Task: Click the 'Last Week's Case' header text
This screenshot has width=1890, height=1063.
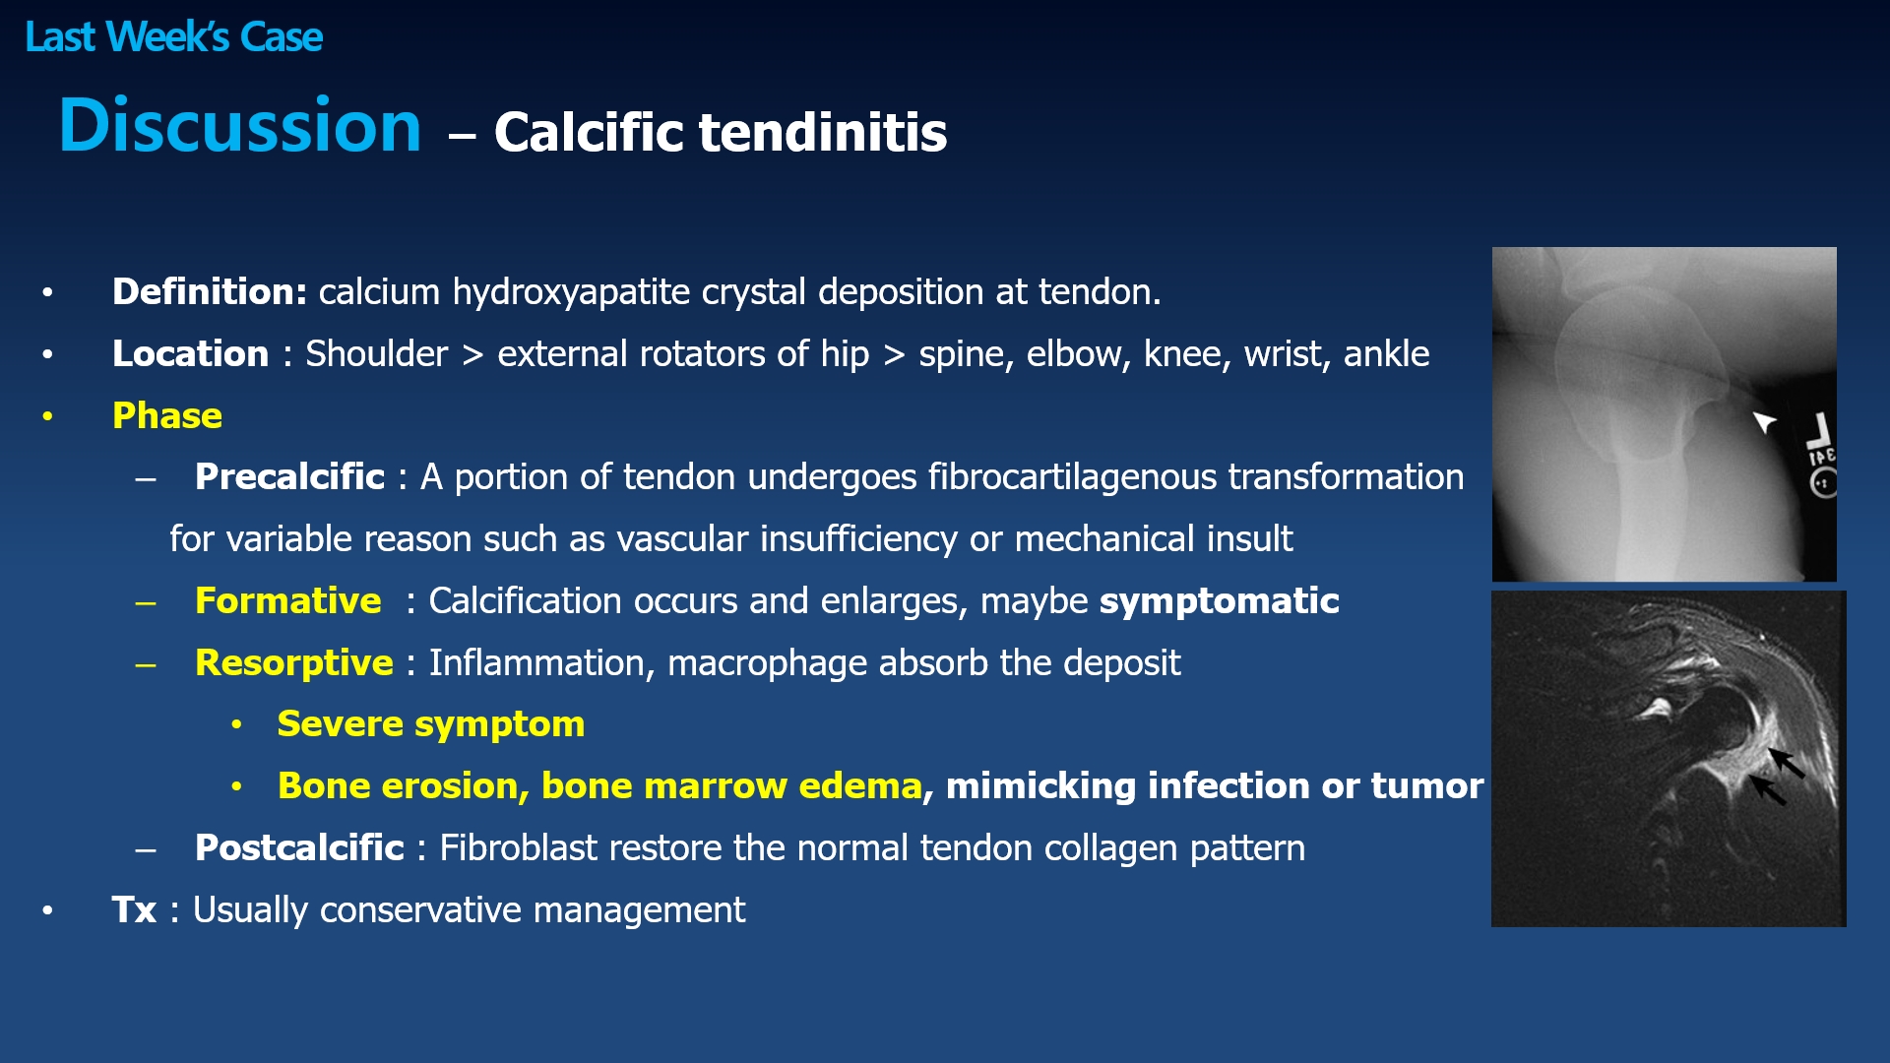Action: coord(173,37)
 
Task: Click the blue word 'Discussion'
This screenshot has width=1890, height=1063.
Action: coord(240,125)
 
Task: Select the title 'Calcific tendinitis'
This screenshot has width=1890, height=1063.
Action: coord(721,132)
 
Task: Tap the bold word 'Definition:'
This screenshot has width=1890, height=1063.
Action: coord(210,291)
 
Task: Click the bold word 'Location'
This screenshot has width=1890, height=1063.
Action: coord(190,353)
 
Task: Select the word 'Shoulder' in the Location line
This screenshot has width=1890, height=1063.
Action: coord(376,353)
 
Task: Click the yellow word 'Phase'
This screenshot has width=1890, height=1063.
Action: coord(167,415)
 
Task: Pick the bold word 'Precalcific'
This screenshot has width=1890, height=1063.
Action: coord(289,476)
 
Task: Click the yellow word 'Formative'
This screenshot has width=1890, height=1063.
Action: coord(288,600)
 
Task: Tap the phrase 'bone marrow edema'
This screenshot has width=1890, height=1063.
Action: coord(731,785)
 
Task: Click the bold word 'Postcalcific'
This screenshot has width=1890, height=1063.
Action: coord(299,847)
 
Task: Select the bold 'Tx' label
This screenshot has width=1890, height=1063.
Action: coord(134,909)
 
